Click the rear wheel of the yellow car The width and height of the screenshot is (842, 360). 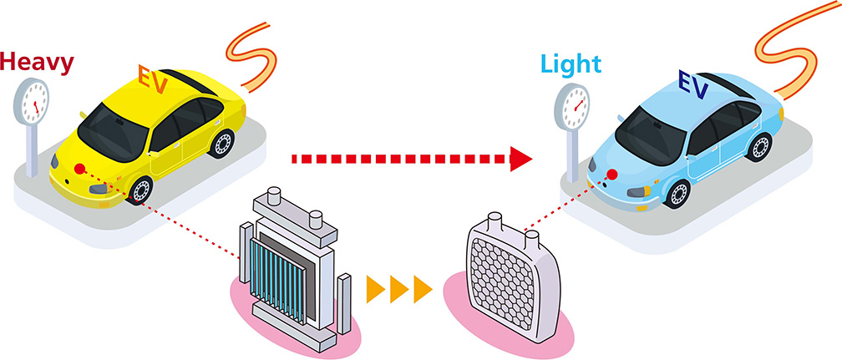pyautogui.click(x=223, y=143)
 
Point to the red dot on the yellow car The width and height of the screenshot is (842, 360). pyautogui.click(x=79, y=170)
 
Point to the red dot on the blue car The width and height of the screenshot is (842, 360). pyautogui.click(x=612, y=175)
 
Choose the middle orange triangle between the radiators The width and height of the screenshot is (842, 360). pyautogui.click(x=399, y=290)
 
